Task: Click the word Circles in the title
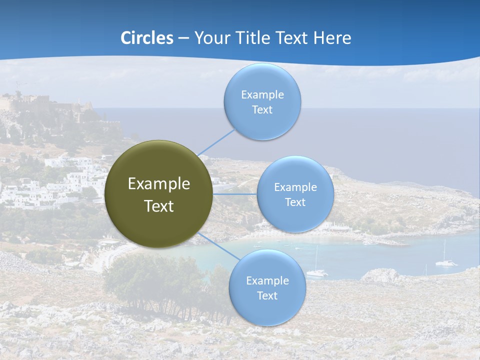point(146,38)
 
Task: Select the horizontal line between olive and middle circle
point(234,194)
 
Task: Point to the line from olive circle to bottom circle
point(219,245)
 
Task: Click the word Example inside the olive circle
point(159,184)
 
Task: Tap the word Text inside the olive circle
point(159,206)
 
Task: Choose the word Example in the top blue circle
point(262,95)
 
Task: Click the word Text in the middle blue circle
point(295,202)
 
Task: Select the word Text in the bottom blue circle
point(267,295)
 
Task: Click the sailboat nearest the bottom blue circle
point(316,271)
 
